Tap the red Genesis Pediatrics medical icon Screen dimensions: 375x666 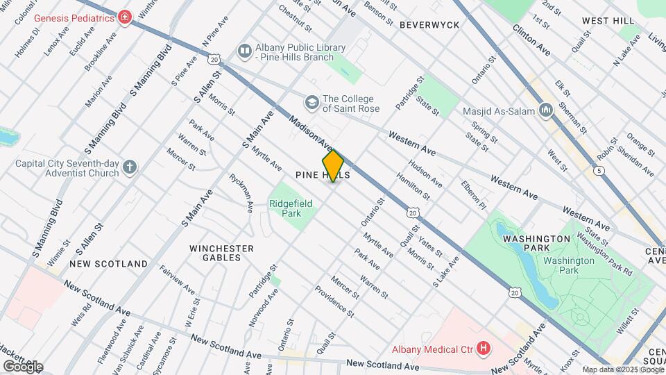click(x=124, y=17)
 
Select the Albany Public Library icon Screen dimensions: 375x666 click(x=244, y=50)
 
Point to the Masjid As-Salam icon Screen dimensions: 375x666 click(x=546, y=111)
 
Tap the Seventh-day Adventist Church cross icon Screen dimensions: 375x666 click(x=130, y=167)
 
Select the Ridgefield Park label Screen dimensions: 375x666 click(x=291, y=208)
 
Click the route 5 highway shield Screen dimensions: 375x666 click(x=598, y=170)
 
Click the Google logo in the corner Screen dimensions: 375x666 click(x=23, y=366)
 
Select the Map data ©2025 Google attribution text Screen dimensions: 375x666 click(x=622, y=369)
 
